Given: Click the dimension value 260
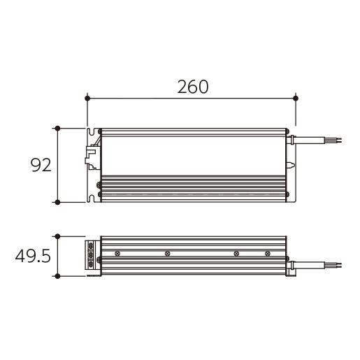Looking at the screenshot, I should click(x=192, y=87).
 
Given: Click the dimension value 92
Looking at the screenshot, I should click(x=41, y=166).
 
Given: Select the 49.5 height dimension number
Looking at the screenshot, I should click(x=32, y=257).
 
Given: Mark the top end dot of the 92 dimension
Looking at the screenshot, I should click(x=57, y=129).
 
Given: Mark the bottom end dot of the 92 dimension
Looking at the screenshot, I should click(x=57, y=202).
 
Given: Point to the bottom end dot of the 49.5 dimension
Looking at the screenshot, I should click(x=57, y=276).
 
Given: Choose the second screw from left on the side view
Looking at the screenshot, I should click(x=166, y=253).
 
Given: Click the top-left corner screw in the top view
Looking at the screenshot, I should click(x=101, y=131).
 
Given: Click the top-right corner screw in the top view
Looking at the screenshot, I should click(x=286, y=131).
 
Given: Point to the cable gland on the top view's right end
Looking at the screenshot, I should click(x=293, y=140).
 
